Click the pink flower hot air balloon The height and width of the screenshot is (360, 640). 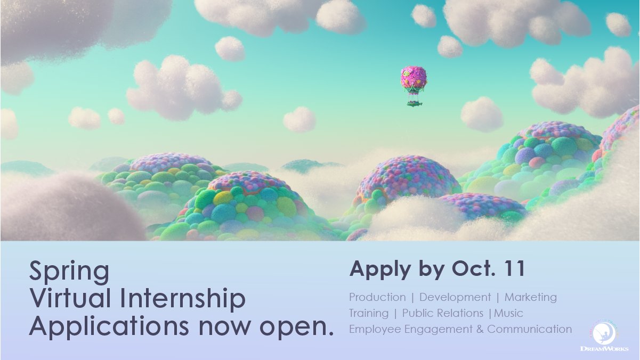(x=414, y=78)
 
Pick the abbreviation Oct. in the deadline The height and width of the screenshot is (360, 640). (x=468, y=269)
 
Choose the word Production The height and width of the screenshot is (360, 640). (x=377, y=297)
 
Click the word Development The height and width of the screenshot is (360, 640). (x=455, y=297)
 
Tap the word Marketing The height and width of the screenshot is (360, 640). (x=531, y=297)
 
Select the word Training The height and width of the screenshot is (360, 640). (x=369, y=313)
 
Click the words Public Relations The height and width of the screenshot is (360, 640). (x=443, y=313)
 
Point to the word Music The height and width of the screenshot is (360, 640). (x=509, y=313)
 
